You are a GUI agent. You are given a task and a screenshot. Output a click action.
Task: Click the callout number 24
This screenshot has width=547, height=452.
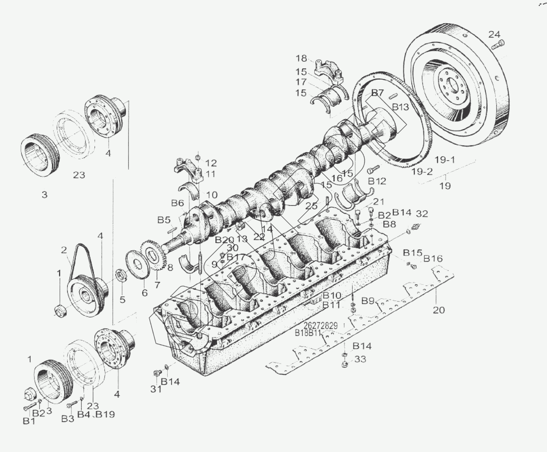point(494,34)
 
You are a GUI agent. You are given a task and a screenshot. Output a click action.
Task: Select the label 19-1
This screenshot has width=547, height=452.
point(445,160)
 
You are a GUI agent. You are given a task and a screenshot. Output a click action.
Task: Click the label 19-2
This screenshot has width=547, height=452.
point(422,171)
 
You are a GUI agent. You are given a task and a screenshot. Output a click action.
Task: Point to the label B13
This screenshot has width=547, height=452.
point(401,107)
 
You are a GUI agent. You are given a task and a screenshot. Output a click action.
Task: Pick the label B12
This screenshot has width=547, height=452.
point(377,181)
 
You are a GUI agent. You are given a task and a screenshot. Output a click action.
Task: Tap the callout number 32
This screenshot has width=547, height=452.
point(422,213)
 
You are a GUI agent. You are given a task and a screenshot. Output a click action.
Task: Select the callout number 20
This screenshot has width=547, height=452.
point(438,310)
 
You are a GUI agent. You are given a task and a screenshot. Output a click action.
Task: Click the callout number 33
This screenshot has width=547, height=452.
point(360,359)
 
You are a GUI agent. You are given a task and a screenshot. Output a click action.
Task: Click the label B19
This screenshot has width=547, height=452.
point(105,414)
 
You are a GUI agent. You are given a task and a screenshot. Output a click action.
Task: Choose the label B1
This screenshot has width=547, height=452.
point(29,421)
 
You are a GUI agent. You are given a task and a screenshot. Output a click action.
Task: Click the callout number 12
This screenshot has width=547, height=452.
point(211,163)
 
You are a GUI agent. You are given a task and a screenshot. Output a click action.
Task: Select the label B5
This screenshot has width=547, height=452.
point(164,220)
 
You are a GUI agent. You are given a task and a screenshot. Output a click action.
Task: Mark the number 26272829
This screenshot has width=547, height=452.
point(320,326)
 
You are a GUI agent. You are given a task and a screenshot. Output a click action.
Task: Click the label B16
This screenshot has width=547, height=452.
point(433,259)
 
